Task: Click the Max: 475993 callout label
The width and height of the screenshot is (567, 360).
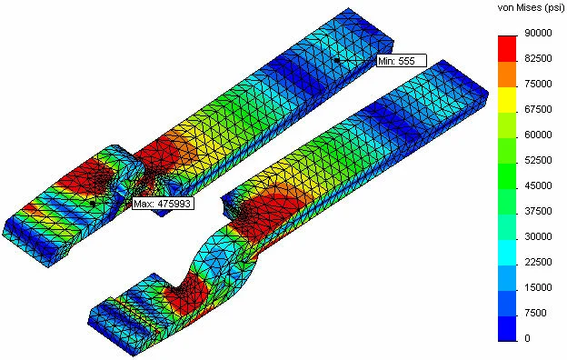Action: pos(162,204)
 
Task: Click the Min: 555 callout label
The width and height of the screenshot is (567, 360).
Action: pos(401,61)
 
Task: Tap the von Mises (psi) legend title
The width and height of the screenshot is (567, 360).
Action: pos(531,8)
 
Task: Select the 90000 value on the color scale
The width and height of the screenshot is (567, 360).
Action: pos(538,33)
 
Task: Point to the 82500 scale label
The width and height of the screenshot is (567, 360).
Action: pos(538,58)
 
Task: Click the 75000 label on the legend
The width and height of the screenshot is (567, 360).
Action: pos(538,84)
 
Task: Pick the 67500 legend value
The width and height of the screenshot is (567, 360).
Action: pos(538,109)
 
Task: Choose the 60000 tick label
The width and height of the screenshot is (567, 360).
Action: pos(538,135)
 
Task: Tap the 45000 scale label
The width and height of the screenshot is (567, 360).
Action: pos(538,185)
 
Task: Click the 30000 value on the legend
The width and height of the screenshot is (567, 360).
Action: pos(538,236)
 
